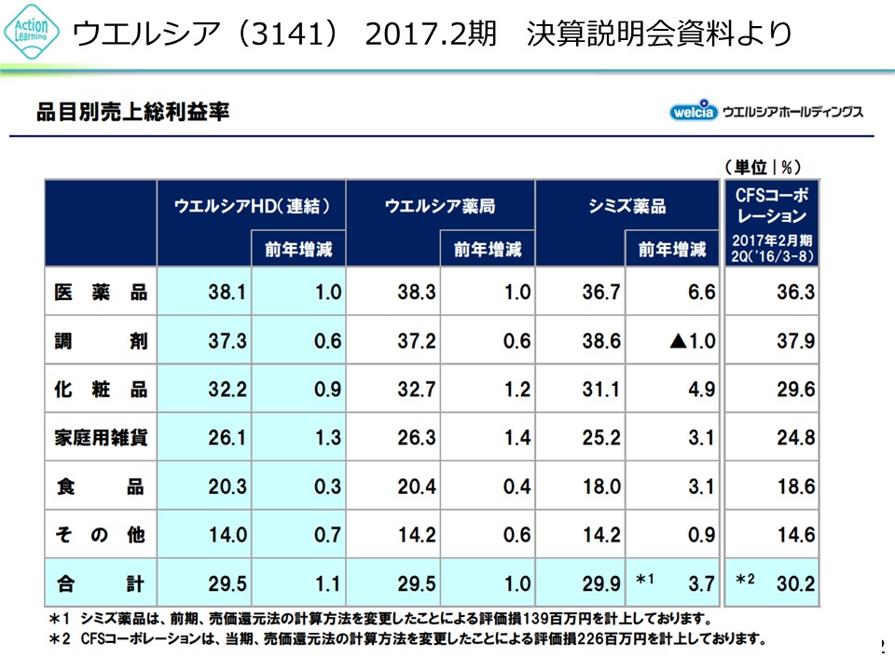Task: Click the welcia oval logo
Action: tap(693, 112)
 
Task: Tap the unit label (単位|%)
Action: tap(763, 167)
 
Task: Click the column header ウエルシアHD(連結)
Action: tap(253, 206)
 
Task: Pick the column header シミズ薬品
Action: tap(627, 206)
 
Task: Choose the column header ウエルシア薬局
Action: tap(440, 206)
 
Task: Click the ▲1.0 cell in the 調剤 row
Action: tap(689, 341)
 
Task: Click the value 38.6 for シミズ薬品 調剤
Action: tap(601, 341)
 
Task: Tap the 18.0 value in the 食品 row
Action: tap(601, 486)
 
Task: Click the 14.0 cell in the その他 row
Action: tap(227, 535)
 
